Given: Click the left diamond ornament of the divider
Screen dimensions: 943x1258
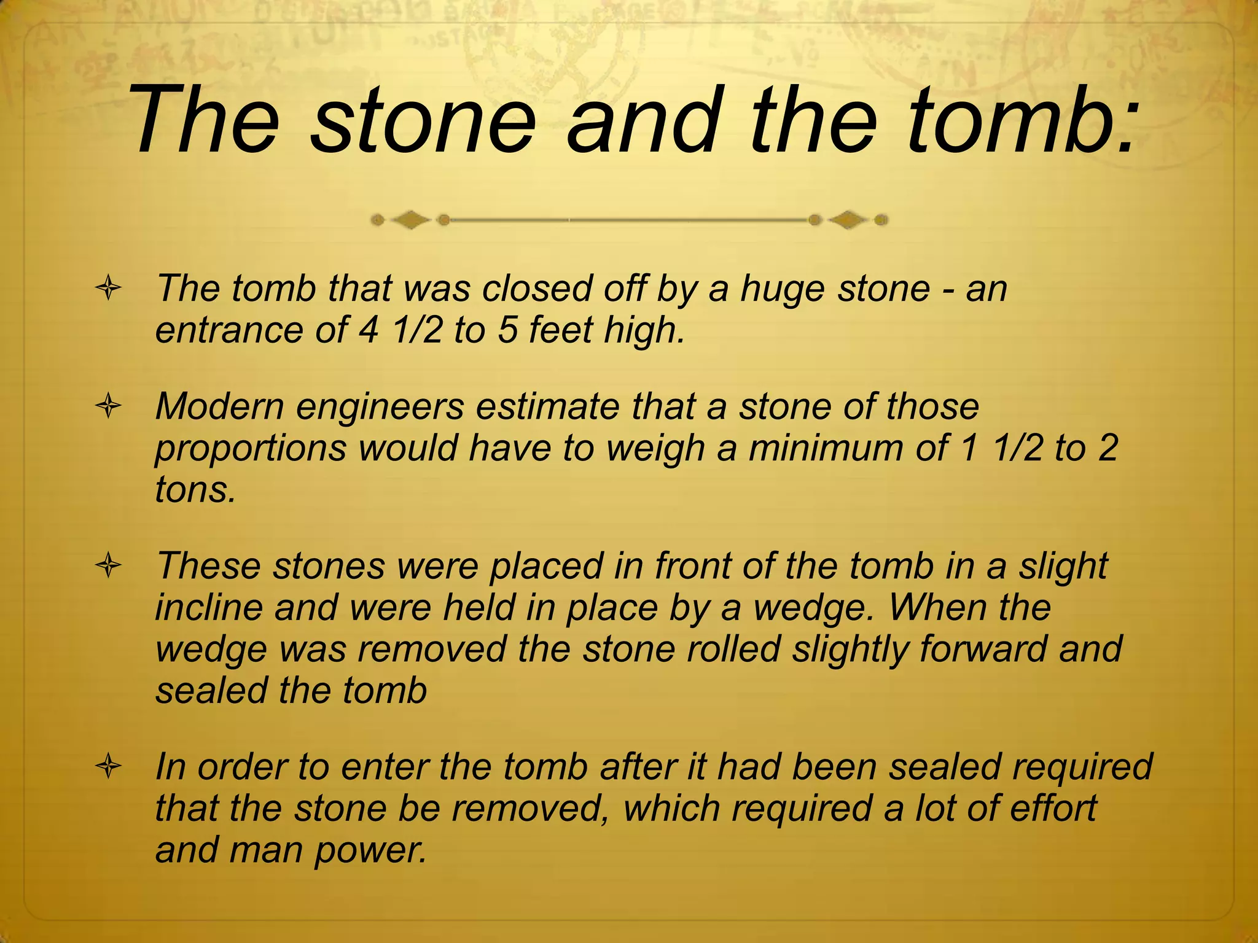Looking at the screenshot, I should point(410,220).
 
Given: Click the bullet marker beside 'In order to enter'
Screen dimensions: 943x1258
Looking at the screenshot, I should point(108,767).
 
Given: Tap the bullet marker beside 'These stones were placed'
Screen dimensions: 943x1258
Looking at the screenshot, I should point(108,566).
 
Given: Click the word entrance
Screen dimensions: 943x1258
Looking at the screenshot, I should point(229,330).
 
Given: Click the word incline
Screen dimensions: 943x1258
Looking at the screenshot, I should point(209,608).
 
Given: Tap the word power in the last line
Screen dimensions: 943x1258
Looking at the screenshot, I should point(369,851).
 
